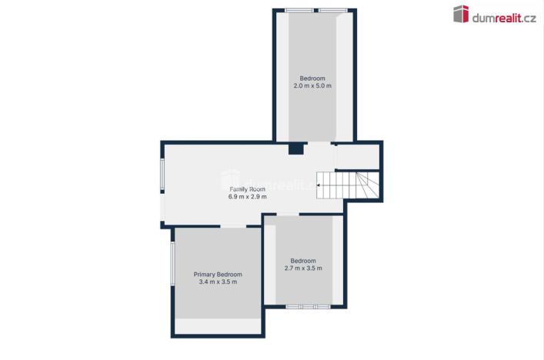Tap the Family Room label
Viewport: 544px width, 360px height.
coord(247,188)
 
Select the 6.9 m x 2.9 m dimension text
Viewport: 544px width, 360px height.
coord(247,197)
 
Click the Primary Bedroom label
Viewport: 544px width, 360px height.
coord(218,275)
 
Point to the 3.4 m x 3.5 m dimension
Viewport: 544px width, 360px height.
coord(218,282)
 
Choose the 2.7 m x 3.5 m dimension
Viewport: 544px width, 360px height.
coord(302,268)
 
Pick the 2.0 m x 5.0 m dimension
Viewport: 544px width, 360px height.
coord(312,85)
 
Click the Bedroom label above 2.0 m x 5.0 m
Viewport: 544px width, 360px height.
coord(312,78)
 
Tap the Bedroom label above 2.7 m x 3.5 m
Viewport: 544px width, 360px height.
coord(302,260)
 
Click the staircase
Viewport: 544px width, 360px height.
coord(349,185)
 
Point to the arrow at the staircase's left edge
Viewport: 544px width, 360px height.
coord(319,185)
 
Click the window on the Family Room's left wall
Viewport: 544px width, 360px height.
coord(162,175)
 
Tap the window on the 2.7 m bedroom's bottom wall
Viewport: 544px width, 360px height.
coord(308,307)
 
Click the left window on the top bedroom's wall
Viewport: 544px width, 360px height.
coord(299,10)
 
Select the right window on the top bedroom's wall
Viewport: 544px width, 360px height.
coord(332,10)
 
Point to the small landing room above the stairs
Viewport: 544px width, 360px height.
coord(357,156)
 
